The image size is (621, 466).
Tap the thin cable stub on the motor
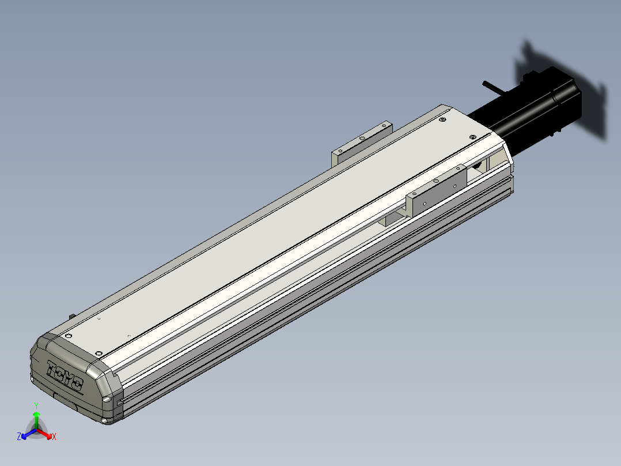point(491,87)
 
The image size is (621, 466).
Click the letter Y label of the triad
point(36,405)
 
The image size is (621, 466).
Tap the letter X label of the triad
point(54,437)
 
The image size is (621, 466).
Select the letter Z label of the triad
point(19,437)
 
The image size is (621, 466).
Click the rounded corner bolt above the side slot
point(107,399)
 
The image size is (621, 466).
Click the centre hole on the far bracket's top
point(361,138)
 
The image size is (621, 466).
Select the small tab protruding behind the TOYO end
point(73,316)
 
